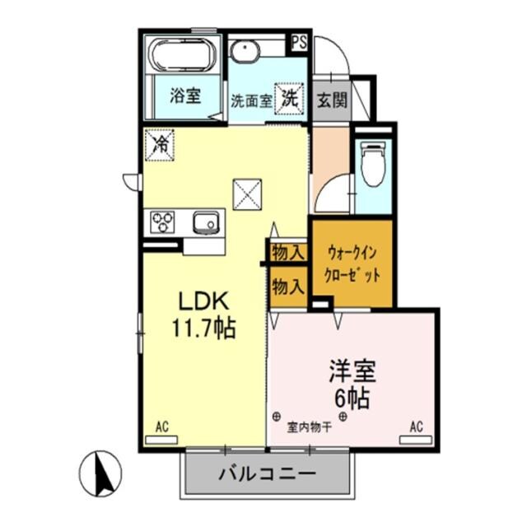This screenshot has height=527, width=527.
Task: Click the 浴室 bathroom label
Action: point(184,96)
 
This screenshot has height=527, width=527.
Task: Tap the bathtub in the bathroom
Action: point(183,55)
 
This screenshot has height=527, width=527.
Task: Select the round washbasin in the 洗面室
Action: point(244,52)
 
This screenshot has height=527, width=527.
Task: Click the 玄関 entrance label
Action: point(331,100)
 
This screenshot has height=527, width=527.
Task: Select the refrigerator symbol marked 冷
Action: point(159,145)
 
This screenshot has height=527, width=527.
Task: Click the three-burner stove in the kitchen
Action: point(163,222)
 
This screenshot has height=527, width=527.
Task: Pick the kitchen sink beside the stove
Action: point(206,222)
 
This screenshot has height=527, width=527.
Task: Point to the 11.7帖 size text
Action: point(203,329)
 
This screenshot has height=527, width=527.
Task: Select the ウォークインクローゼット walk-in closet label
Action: point(353,263)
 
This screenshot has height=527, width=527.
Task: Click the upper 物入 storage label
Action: point(288,252)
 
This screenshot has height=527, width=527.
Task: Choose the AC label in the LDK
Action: point(161,427)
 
